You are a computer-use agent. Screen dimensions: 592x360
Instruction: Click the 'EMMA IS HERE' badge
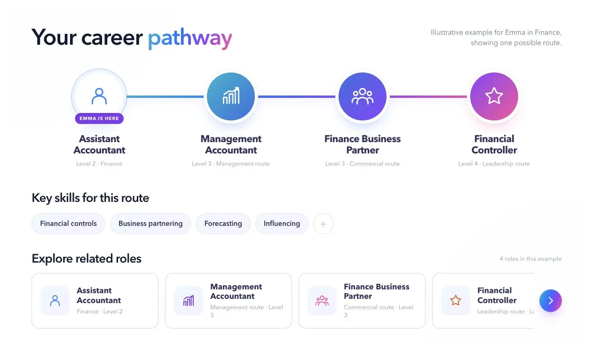[99, 118]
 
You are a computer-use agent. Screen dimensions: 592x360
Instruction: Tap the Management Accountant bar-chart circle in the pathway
[231, 96]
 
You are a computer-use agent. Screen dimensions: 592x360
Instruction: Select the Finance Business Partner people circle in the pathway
[363, 96]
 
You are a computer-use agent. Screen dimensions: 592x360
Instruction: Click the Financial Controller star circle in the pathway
[494, 96]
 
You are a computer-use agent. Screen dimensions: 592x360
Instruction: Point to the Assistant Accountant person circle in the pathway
[99, 96]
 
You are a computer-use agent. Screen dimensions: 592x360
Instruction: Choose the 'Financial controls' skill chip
[69, 224]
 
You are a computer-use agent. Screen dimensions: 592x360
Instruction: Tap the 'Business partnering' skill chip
[150, 224]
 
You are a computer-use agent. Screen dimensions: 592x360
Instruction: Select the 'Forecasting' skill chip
[223, 224]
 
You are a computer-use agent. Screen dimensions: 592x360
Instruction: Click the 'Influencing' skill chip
[282, 224]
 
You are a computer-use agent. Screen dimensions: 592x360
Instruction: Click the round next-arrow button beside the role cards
[551, 301]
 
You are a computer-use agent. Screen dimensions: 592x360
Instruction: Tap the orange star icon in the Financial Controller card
[455, 301]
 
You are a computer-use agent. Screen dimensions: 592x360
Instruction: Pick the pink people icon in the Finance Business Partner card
[322, 301]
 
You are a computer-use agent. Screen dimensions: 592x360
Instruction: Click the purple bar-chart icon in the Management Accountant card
[189, 301]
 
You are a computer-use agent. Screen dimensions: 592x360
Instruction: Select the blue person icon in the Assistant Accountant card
[55, 301]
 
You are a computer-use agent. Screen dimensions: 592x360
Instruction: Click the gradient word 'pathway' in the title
[190, 39]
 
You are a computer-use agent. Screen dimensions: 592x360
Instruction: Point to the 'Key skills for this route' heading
[90, 198]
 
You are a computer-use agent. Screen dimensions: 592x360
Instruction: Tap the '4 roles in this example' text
[530, 259]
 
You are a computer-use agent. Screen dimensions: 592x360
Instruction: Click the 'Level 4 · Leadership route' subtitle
[494, 164]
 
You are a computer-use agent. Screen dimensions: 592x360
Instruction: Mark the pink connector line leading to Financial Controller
[428, 96]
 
